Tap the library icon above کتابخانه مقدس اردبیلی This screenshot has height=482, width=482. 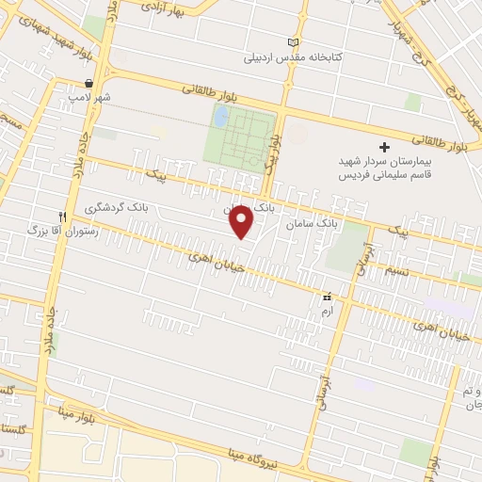[293, 43]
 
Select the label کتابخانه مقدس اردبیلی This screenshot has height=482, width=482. [293, 58]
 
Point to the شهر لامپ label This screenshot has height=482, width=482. [88, 97]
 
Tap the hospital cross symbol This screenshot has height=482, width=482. [384, 147]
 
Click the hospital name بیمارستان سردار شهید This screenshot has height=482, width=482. [382, 162]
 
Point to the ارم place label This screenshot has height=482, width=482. [327, 308]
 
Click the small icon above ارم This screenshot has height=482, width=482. [327, 296]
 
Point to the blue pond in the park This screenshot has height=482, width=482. [220, 117]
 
